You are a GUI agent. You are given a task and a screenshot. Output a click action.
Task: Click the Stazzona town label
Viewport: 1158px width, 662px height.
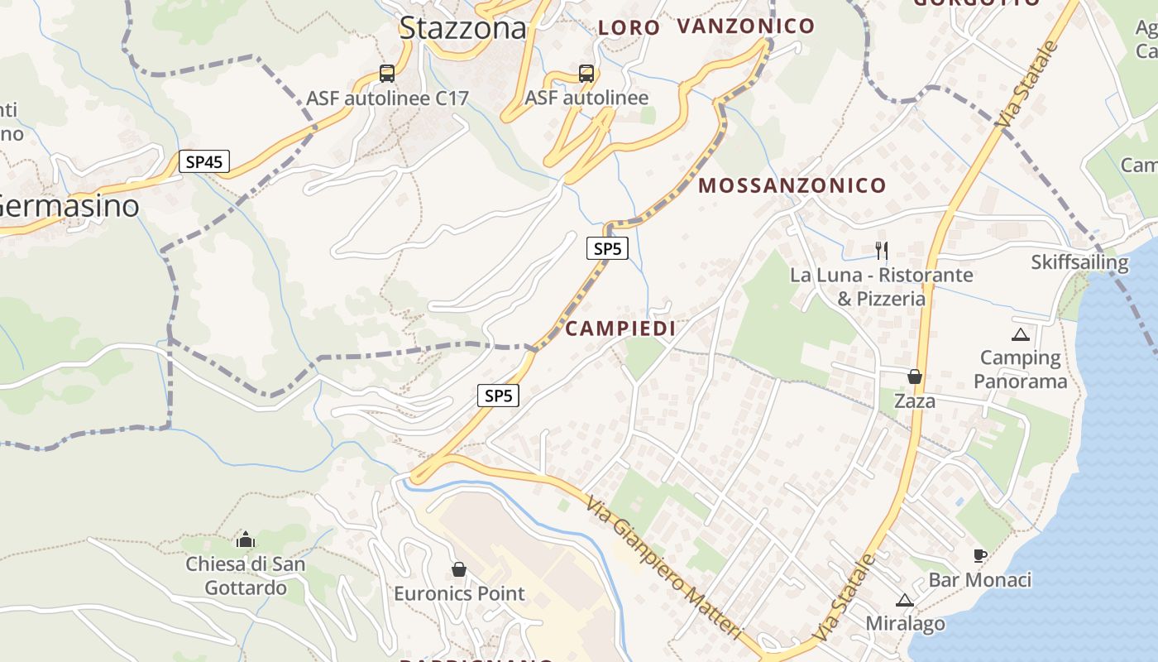(462, 29)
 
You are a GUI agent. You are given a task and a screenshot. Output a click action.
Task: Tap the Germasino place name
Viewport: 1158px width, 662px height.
(69, 206)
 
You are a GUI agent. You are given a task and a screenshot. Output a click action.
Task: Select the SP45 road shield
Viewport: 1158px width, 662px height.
(204, 161)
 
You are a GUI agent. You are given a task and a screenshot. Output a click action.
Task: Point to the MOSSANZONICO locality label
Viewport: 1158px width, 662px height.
(792, 185)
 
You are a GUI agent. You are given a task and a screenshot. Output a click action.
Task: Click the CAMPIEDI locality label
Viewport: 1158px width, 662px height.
(620, 329)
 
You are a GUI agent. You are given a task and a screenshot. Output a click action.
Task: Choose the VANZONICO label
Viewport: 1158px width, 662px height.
(746, 26)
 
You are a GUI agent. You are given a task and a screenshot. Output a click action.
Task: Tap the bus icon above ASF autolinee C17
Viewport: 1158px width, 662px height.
(387, 73)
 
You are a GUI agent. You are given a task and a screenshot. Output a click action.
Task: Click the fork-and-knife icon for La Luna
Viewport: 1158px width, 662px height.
(882, 249)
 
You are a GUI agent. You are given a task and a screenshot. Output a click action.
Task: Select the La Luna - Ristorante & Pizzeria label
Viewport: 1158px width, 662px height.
(882, 286)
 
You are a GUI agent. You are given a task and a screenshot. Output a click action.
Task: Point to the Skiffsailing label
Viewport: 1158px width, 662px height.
(1079, 262)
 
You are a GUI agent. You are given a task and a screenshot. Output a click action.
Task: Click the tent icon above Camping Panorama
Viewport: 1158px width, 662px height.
(1020, 334)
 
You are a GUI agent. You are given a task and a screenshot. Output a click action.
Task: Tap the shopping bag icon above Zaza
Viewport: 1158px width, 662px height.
(915, 377)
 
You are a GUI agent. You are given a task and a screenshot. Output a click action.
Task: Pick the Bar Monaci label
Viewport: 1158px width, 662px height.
(980, 579)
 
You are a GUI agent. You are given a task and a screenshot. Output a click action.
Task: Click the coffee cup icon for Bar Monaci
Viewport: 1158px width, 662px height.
(980, 555)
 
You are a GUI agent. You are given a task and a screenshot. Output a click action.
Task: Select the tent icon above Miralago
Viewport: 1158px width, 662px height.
(905, 600)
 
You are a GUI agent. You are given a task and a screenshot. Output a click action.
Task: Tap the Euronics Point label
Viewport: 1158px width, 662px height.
(459, 593)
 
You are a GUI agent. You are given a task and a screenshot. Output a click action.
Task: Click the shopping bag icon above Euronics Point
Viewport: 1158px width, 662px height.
(459, 569)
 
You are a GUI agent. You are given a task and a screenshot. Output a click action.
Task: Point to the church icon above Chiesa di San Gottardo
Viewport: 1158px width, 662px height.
(246, 540)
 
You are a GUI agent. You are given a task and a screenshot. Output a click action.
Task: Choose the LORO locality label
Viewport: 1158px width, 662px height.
(629, 27)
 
